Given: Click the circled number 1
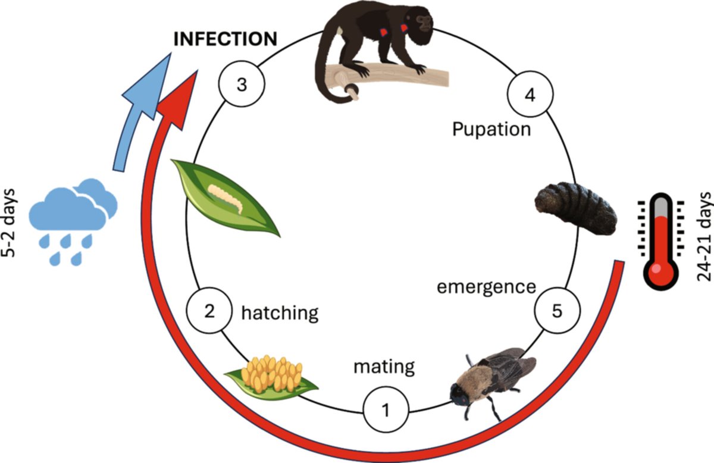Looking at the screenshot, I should click(x=386, y=410).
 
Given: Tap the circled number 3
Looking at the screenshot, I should click(x=241, y=85).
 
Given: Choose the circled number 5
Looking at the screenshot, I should click(x=557, y=311).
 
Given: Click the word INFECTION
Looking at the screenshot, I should click(x=225, y=39).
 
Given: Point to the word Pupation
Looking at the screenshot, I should click(x=491, y=129).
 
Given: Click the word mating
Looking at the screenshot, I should click(x=384, y=366).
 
